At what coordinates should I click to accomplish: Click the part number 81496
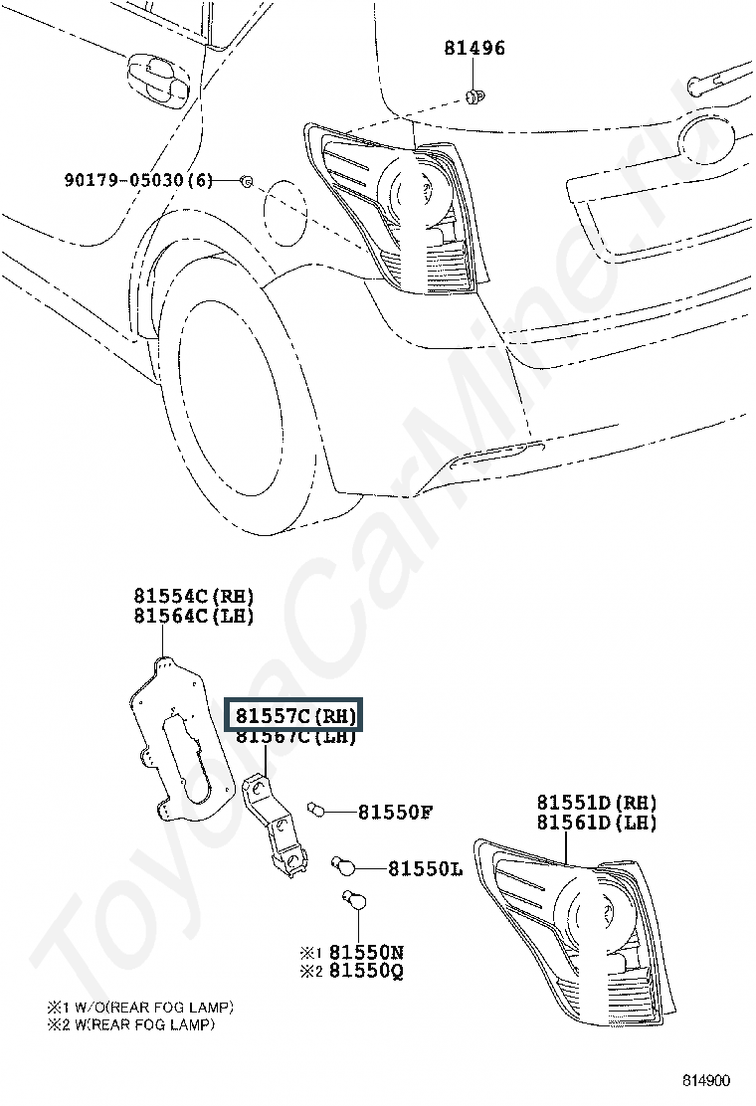pos(473,48)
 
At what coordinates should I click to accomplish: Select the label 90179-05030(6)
pos(139,180)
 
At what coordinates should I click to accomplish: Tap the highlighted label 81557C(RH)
pos(294,716)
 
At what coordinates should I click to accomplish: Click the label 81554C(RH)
pos(194,597)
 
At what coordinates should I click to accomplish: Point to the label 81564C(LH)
pos(194,616)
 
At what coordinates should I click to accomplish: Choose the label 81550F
pos(395,813)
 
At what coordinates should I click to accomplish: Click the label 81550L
pos(425,869)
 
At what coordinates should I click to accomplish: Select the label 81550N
pos(366,952)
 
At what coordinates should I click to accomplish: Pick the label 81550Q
pos(366,971)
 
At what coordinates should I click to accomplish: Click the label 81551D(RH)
pos(597,803)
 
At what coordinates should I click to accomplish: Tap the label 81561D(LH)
pos(597,823)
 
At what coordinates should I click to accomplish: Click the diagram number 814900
pos(706,1080)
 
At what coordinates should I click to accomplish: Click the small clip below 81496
pos(473,95)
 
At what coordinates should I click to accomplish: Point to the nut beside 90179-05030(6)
pos(247,180)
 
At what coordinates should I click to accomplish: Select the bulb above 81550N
pos(353,902)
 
